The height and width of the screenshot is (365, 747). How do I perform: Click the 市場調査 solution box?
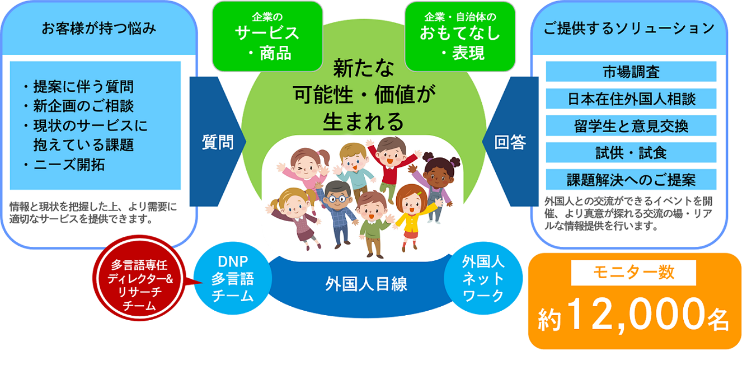pos(631,72)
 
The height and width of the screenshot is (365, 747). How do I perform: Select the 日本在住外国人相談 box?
pos(631,99)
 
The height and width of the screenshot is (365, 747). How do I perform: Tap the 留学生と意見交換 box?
pos(631,126)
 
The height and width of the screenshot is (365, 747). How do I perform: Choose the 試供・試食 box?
pos(631,152)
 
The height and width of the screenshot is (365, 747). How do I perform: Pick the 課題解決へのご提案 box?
pos(631,180)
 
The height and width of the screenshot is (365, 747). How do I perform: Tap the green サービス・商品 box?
pos(267,36)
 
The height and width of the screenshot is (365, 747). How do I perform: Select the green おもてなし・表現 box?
pos(460,36)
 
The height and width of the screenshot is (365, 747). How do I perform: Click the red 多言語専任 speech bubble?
pos(140,278)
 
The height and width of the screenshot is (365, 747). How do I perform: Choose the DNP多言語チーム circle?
pos(233,278)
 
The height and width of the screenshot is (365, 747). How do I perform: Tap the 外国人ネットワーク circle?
pos(483,278)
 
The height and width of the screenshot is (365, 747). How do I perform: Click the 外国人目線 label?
pos(366,284)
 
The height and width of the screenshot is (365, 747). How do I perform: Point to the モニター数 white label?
pos(633,273)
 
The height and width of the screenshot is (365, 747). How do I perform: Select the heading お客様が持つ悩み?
pos(98,29)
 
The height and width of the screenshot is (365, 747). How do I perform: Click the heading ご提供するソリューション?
pos(629,29)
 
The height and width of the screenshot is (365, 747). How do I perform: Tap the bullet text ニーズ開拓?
pos(69,165)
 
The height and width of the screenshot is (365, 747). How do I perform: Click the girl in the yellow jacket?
pos(414,217)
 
